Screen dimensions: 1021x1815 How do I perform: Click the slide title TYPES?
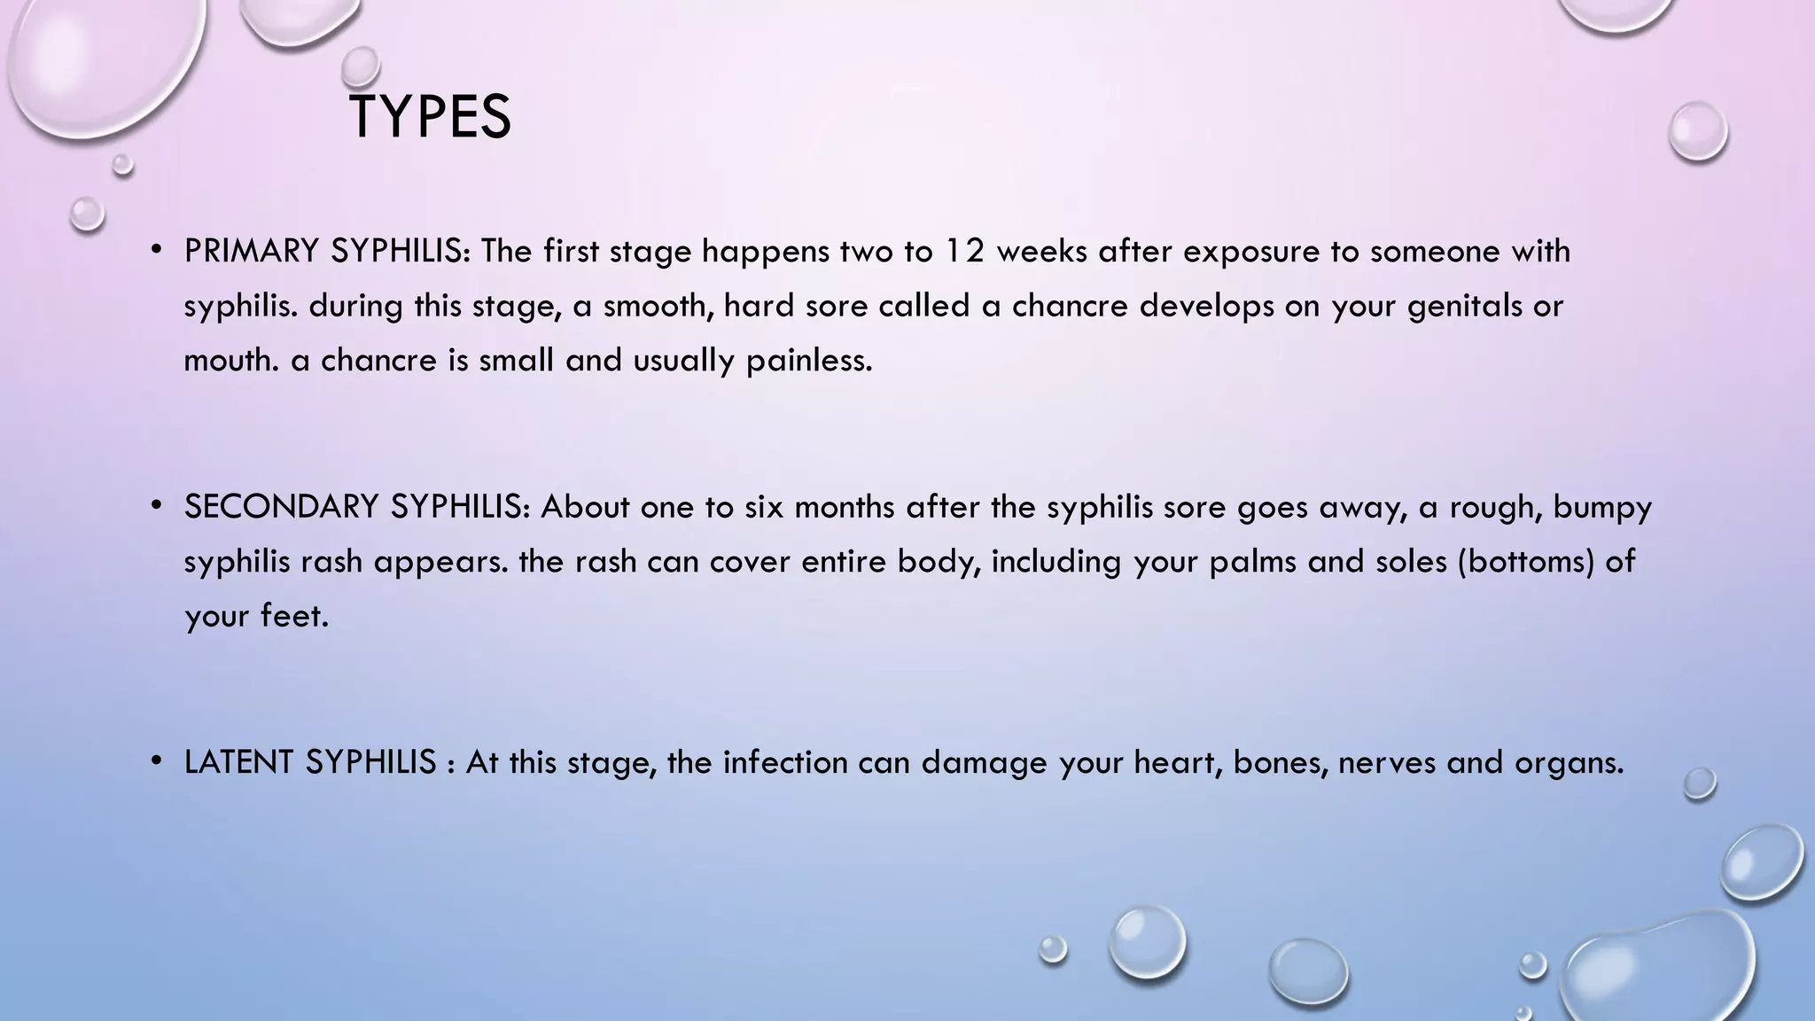click(430, 118)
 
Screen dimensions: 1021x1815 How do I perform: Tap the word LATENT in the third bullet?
click(239, 762)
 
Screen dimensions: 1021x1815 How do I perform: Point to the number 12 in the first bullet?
click(964, 252)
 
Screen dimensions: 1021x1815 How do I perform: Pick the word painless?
click(809, 361)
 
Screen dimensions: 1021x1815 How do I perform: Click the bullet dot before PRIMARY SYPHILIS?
click(156, 252)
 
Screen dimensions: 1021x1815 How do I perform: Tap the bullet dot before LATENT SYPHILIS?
click(156, 762)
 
